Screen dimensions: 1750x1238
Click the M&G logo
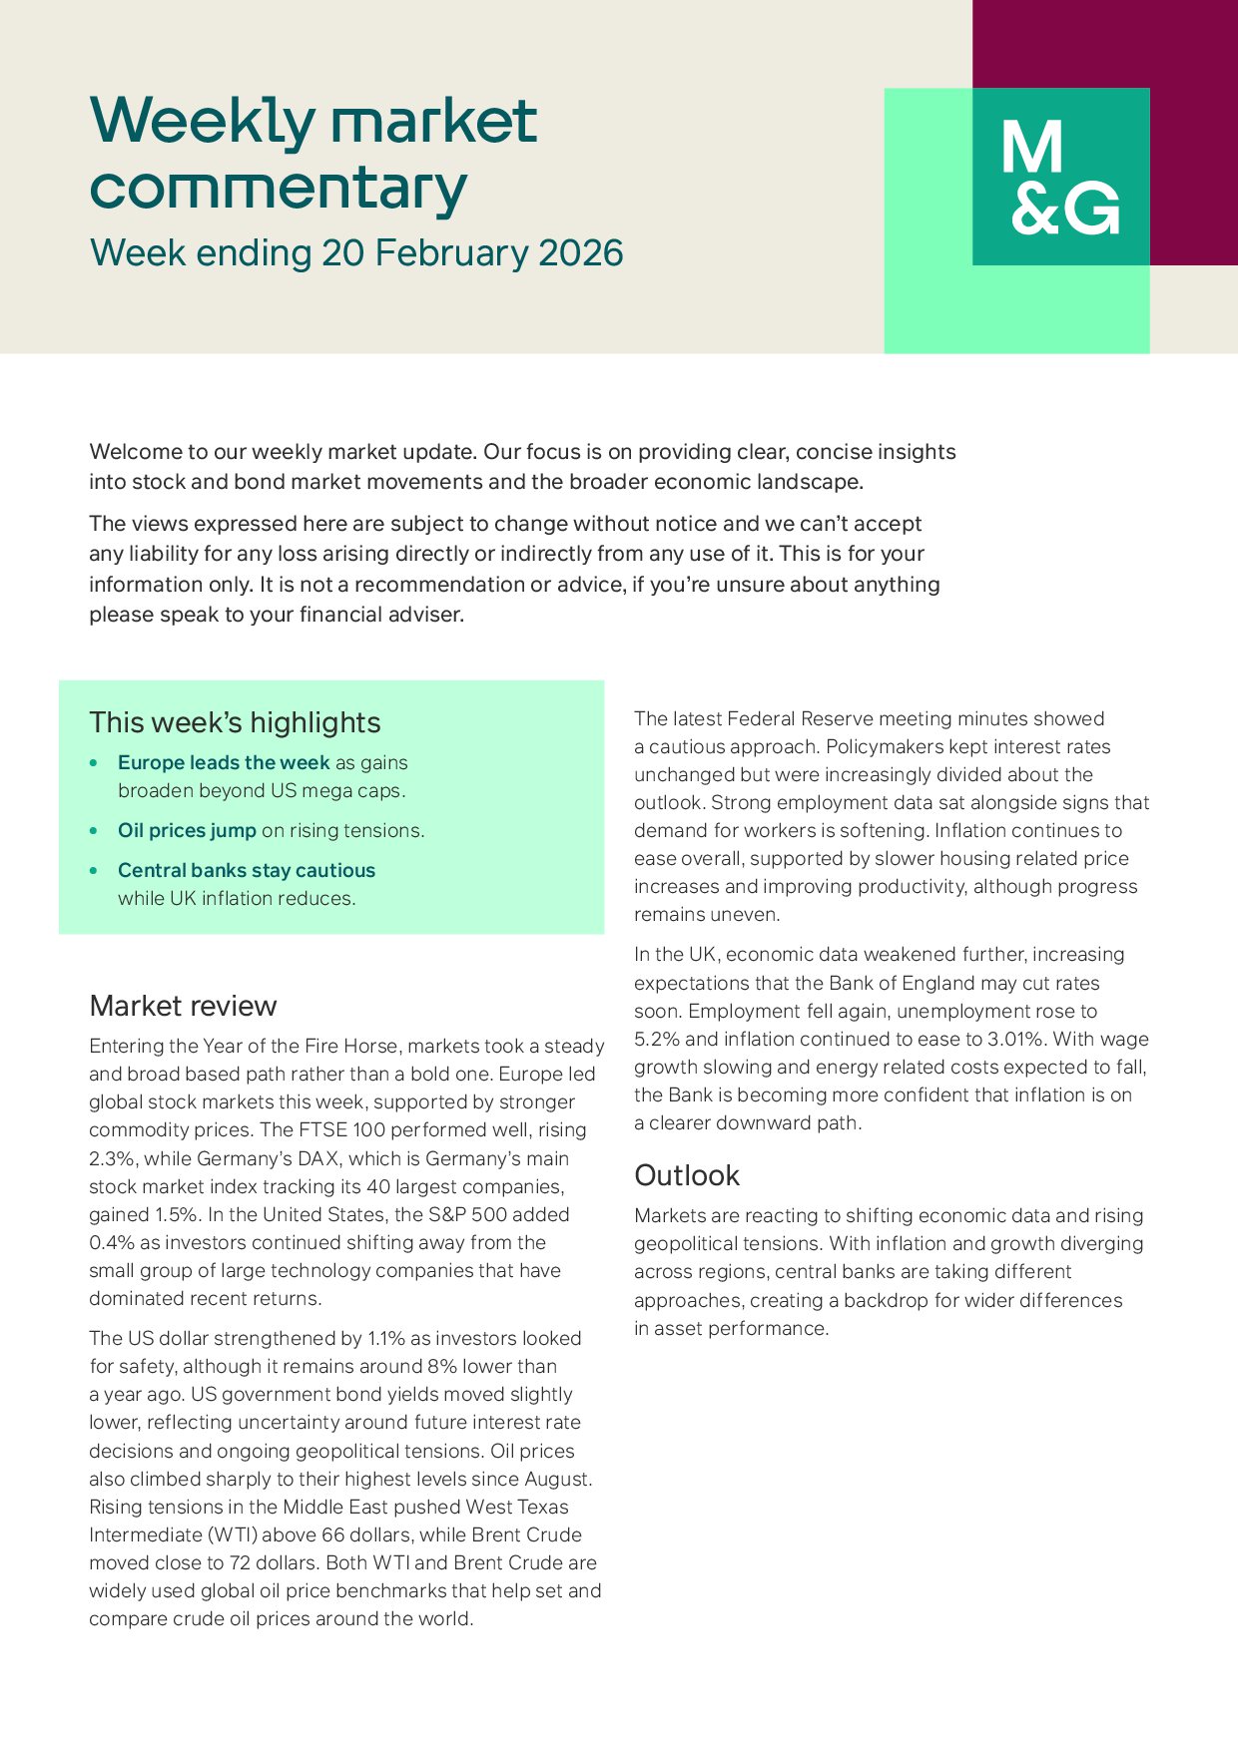[1060, 177]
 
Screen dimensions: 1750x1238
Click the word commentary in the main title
[279, 188]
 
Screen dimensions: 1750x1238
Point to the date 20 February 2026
[472, 253]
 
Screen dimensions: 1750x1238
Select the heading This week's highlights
[235, 722]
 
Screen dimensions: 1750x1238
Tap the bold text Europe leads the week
[224, 763]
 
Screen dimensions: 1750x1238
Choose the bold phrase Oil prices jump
[187, 831]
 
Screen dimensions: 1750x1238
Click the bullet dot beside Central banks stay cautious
[94, 871]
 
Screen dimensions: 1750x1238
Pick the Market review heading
[183, 1006]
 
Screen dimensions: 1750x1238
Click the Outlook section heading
[687, 1175]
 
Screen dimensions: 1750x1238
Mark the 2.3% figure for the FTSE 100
[109, 1159]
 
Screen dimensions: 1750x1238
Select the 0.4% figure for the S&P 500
[109, 1243]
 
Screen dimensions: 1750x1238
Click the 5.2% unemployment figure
[653, 1040]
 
